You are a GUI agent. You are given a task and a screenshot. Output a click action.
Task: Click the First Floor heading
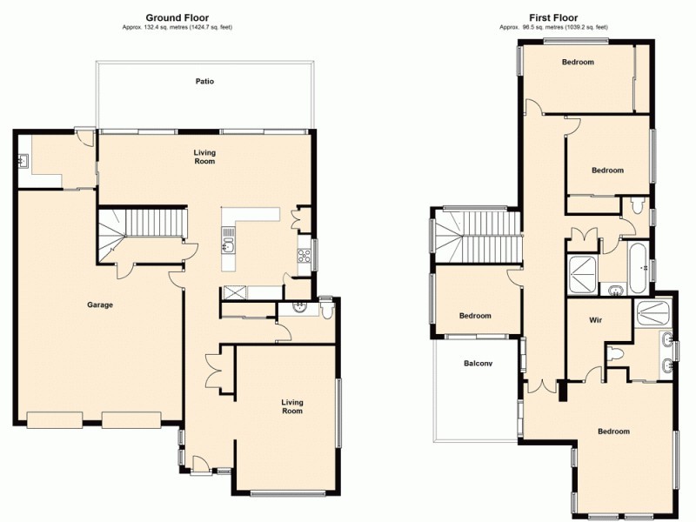click(x=553, y=17)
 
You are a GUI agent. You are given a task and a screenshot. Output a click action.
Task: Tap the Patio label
click(x=204, y=82)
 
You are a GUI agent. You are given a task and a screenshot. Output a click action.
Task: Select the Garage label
click(x=100, y=304)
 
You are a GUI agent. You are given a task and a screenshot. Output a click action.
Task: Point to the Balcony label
click(x=478, y=364)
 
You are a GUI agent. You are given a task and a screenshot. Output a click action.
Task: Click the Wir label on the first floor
click(x=595, y=320)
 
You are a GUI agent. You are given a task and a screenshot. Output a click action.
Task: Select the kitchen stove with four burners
click(x=304, y=256)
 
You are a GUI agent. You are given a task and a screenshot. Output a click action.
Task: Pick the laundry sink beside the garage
click(x=21, y=160)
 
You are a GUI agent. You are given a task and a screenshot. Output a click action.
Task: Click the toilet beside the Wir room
click(x=617, y=354)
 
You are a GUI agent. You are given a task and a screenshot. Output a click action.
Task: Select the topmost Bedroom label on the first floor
click(x=578, y=62)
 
